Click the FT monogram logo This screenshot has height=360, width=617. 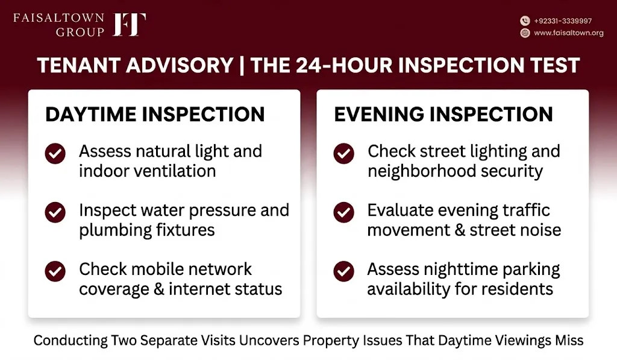[x=130, y=25]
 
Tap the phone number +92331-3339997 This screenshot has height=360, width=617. [x=563, y=21]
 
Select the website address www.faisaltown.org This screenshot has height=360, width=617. [x=569, y=33]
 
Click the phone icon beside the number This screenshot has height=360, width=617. [x=525, y=21]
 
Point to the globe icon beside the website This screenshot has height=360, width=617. [x=525, y=33]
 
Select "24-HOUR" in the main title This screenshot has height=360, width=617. [x=344, y=65]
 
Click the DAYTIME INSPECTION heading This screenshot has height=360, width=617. [x=155, y=114]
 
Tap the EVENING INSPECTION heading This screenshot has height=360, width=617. [x=443, y=114]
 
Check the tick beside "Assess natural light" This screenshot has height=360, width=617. [x=55, y=153]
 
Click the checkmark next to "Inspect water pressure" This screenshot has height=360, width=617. [x=55, y=212]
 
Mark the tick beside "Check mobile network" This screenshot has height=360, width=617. [x=55, y=271]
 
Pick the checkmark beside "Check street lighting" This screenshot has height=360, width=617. [x=343, y=153]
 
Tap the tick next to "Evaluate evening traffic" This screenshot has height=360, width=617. [x=343, y=212]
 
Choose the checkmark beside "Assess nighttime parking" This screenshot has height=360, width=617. [x=343, y=271]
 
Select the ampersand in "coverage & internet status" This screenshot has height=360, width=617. [x=159, y=289]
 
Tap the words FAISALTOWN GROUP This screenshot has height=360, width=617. [x=59, y=25]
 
